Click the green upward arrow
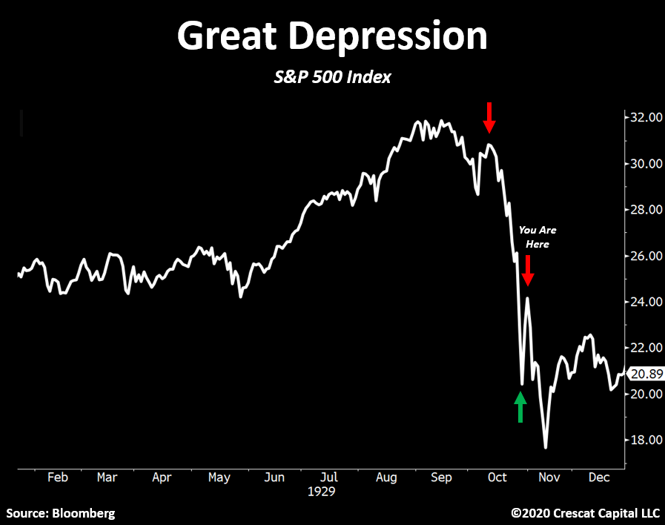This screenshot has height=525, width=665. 520,407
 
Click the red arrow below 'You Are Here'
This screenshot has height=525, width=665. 527,271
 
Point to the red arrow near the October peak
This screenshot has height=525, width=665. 489,116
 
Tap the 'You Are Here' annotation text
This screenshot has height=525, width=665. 537,237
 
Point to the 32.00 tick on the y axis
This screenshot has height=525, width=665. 644,117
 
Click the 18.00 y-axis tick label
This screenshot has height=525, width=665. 644,440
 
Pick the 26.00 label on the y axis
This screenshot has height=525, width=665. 644,256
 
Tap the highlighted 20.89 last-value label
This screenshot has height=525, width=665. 644,374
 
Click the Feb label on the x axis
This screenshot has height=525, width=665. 58,478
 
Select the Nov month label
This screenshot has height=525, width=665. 549,478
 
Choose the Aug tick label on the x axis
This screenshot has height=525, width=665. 386,478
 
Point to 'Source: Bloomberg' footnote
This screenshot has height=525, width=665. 61,512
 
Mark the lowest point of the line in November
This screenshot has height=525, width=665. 546,448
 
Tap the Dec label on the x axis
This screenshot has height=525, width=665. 599,478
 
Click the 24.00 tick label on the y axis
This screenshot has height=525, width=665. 644,302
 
